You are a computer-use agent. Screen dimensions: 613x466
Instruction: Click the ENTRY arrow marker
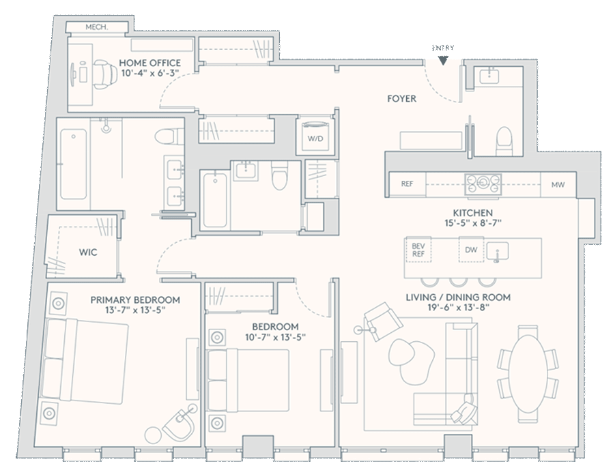click(x=443, y=61)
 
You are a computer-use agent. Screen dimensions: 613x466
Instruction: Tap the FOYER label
click(x=401, y=99)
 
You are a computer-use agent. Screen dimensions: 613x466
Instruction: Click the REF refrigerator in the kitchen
click(x=407, y=184)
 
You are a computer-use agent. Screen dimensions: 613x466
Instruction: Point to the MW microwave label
click(x=558, y=185)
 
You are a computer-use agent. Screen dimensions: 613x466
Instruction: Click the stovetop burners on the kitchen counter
click(x=483, y=184)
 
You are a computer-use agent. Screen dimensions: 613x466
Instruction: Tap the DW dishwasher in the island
click(x=471, y=250)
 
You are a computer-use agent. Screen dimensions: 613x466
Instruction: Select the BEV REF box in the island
click(x=418, y=250)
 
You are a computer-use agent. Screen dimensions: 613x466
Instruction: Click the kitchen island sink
click(x=497, y=251)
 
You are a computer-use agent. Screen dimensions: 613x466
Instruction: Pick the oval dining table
click(x=528, y=373)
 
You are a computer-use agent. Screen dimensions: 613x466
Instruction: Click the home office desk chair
click(x=104, y=74)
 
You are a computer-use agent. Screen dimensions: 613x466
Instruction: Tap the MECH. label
click(x=96, y=27)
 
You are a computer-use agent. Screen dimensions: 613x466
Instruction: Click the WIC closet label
click(x=88, y=252)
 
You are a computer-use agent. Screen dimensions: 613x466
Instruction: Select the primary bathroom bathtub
click(x=74, y=164)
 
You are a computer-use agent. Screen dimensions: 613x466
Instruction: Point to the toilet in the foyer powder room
click(x=504, y=141)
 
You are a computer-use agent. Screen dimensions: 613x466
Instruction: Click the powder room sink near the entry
click(x=489, y=75)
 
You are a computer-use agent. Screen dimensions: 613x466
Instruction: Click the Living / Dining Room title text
click(x=458, y=297)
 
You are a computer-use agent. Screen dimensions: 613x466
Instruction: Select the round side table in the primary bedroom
click(x=152, y=435)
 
